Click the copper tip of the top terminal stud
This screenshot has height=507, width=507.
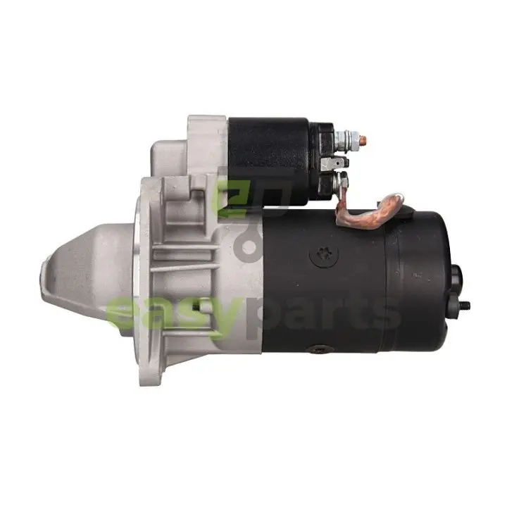coord(364,140)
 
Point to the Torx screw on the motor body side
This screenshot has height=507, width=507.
coord(325,253)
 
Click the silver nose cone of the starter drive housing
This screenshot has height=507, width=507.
coord(87,277)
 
